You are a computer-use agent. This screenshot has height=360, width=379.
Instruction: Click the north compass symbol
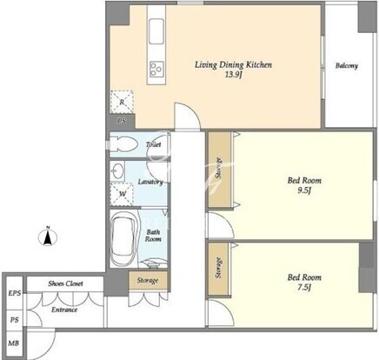tap(48, 237)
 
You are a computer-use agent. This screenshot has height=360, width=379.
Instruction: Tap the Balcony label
tap(347, 66)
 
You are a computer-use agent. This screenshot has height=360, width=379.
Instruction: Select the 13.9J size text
tap(234, 75)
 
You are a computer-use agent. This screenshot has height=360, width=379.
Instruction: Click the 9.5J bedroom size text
tap(304, 190)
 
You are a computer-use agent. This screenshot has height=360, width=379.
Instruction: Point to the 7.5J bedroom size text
tap(304, 288)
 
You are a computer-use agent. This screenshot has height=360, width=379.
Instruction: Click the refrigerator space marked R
tap(122, 102)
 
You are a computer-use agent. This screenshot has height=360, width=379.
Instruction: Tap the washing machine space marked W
tap(122, 194)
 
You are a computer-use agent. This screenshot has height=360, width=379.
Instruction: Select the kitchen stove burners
tap(156, 69)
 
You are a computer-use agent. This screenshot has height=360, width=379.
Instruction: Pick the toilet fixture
tap(124, 144)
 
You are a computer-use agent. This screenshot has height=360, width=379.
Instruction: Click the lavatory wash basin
tap(117, 171)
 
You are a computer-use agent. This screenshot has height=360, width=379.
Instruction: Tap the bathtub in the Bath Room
tap(123, 239)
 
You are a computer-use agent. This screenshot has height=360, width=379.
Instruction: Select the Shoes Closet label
tap(65, 283)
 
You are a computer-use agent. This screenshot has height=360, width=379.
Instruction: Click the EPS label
tap(15, 293)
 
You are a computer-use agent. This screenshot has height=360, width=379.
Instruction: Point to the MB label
tap(14, 343)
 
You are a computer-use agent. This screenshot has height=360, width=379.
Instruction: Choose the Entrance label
tap(64, 310)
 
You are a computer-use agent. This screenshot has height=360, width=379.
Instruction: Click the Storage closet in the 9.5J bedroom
tap(220, 170)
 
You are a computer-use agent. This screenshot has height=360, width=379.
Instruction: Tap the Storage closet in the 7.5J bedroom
tap(219, 270)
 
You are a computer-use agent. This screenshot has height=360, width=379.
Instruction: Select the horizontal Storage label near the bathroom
tap(148, 281)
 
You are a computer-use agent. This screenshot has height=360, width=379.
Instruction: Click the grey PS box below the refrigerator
tap(122, 121)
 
